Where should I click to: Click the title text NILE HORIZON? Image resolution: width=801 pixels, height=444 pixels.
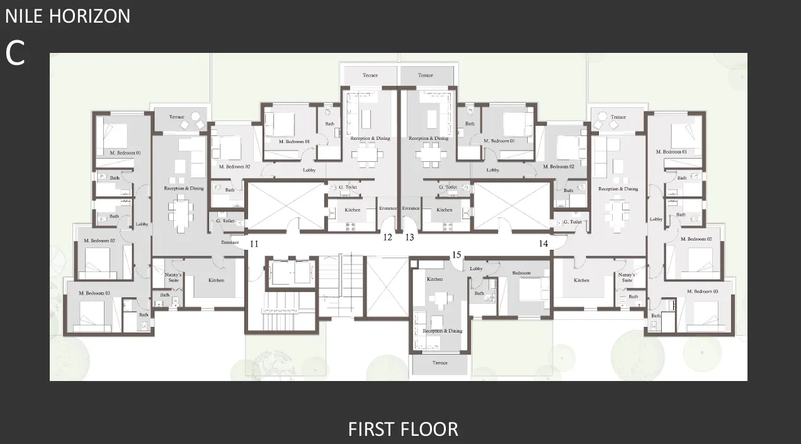click(x=68, y=16)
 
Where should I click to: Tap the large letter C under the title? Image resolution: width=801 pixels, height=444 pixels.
click(x=15, y=54)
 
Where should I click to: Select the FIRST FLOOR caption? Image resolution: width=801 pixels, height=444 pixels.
click(x=403, y=429)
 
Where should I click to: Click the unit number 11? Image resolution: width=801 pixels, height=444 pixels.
click(x=254, y=243)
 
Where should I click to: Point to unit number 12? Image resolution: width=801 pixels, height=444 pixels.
click(x=388, y=237)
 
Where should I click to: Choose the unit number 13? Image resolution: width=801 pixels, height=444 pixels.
click(x=410, y=237)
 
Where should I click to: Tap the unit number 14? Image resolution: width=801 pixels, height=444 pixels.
click(x=543, y=243)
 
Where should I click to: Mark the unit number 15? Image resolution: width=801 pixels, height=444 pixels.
click(x=457, y=254)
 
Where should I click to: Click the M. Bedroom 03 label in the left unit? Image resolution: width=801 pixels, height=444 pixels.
click(x=94, y=293)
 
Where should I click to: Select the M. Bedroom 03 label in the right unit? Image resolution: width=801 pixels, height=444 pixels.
click(x=702, y=291)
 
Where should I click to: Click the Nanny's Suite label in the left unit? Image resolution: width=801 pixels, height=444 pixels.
click(x=173, y=277)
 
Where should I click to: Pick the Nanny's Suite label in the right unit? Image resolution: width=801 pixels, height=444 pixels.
click(x=627, y=277)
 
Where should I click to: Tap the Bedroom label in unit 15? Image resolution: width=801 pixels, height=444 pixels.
click(x=521, y=273)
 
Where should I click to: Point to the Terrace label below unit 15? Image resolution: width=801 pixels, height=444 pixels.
click(x=440, y=363)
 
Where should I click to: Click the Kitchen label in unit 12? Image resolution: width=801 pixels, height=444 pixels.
click(x=352, y=210)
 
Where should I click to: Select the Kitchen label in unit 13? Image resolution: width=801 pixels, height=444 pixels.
click(x=445, y=210)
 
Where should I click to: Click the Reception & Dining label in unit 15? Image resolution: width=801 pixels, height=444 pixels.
click(x=442, y=331)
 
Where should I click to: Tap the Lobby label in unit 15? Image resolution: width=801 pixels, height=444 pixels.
click(x=476, y=269)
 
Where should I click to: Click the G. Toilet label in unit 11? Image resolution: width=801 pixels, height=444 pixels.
click(x=225, y=221)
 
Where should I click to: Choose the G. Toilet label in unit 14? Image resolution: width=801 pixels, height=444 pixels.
click(x=572, y=222)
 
